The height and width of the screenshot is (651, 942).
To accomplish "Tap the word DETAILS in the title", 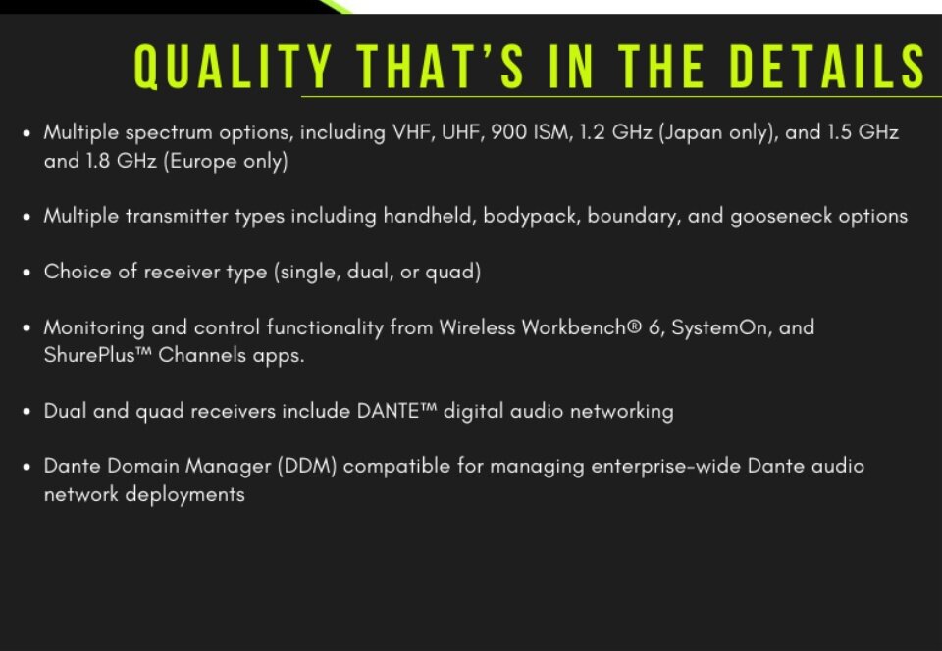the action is coord(827,66).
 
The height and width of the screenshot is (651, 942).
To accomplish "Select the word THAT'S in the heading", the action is coord(440,66).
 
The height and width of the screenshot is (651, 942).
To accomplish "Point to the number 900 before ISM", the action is coord(508,132).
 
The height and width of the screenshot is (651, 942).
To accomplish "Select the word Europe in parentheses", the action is coord(203,162).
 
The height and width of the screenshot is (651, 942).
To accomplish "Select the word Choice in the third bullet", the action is coord(78,272).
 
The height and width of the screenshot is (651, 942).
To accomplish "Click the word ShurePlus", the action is coord(89,355).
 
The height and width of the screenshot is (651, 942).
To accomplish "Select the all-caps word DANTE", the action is coord(388,411).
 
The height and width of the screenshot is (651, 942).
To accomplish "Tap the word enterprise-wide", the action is coord(665,467).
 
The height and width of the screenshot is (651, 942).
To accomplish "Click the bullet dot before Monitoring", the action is coord(26,328).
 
